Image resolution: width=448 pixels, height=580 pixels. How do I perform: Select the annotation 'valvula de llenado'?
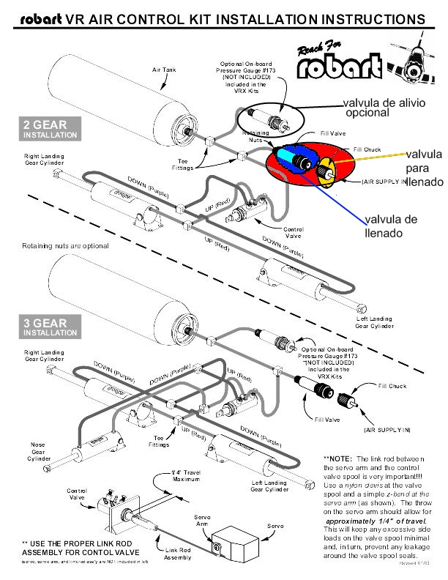click(391, 226)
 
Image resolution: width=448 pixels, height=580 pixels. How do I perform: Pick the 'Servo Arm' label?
click(202, 521)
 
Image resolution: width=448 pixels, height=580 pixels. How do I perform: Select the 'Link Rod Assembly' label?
click(178, 554)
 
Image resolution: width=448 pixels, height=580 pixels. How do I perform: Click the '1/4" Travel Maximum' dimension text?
click(186, 475)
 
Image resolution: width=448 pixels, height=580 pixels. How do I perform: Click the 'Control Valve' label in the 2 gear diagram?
click(293, 232)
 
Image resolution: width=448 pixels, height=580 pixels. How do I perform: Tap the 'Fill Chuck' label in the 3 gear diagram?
click(392, 386)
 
